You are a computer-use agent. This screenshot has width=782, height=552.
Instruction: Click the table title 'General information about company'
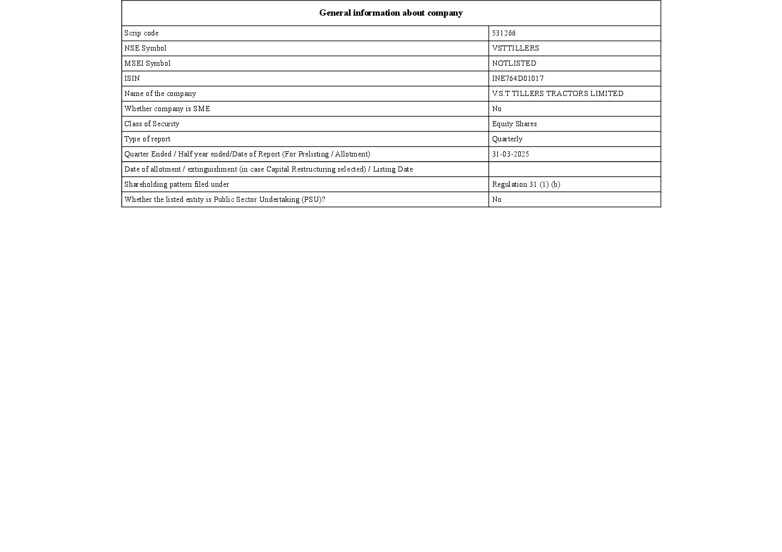(x=391, y=13)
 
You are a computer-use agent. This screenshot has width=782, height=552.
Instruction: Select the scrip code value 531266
(x=504, y=33)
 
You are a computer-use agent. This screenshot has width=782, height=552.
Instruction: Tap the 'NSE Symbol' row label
(x=145, y=49)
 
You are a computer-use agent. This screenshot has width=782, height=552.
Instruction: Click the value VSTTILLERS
(x=515, y=49)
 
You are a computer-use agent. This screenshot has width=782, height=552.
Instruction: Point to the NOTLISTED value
(x=513, y=64)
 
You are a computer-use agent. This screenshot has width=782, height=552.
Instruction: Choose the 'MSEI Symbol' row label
(x=147, y=64)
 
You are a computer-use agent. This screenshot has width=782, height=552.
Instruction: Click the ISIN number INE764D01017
(x=518, y=79)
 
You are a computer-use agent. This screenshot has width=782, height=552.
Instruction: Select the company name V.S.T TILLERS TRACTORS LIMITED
(x=557, y=94)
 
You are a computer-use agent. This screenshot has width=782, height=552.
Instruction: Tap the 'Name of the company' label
(x=160, y=94)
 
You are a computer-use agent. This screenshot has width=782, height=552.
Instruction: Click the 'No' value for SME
(x=496, y=109)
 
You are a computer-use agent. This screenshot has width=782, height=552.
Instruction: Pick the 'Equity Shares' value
(x=514, y=124)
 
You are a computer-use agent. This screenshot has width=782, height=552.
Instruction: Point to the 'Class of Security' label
(x=151, y=124)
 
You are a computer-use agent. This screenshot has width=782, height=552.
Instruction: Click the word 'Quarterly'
(x=507, y=139)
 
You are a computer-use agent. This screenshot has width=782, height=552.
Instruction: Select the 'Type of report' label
(x=147, y=139)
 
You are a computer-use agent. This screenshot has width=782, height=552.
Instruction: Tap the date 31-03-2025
(x=510, y=154)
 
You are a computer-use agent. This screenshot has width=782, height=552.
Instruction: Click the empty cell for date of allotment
(x=574, y=170)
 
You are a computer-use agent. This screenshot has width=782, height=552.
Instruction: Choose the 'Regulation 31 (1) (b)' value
(x=526, y=185)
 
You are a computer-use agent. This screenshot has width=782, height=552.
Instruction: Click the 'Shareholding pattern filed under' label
(x=177, y=185)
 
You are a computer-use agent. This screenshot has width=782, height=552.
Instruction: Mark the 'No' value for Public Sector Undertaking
(x=496, y=200)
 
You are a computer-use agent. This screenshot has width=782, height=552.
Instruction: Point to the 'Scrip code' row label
(x=141, y=33)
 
